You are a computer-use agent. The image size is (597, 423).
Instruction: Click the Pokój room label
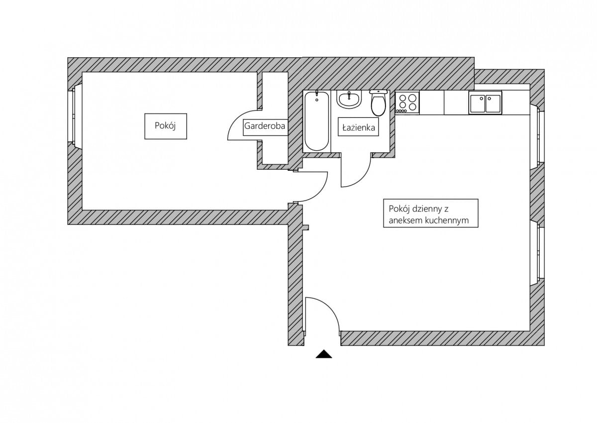tap(166, 126)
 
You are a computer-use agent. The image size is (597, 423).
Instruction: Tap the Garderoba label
tap(265, 126)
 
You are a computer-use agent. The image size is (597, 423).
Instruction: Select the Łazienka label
tap(358, 127)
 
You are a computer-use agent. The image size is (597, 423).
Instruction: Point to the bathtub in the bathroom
tap(316, 121)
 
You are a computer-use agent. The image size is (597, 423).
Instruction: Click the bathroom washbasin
tap(349, 100)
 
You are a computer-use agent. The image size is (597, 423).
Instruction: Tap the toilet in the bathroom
tap(379, 105)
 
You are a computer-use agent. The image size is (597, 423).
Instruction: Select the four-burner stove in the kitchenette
tap(407, 103)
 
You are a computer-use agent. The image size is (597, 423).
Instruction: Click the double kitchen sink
tap(485, 103)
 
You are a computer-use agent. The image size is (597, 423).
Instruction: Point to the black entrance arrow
tap(324, 354)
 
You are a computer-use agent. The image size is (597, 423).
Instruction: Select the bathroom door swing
tap(355, 172)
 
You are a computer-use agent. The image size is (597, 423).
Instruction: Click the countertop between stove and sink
tap(444, 103)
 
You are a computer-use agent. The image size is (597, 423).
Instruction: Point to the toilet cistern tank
tap(379, 92)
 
